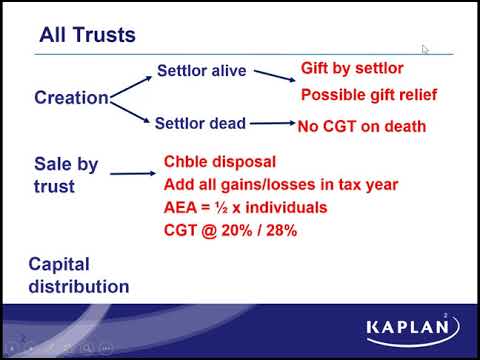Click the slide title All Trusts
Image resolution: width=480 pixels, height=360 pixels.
(87, 36)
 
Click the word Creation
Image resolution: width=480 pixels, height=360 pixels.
(71, 98)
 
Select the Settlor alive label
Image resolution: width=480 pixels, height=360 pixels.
(201, 72)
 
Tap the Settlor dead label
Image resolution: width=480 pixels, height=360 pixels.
(200, 124)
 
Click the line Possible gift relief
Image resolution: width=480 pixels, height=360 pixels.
(368, 96)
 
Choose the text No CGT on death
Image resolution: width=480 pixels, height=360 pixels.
(361, 126)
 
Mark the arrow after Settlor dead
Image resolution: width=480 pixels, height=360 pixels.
(270, 124)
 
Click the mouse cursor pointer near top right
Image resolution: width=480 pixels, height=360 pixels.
(425, 49)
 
